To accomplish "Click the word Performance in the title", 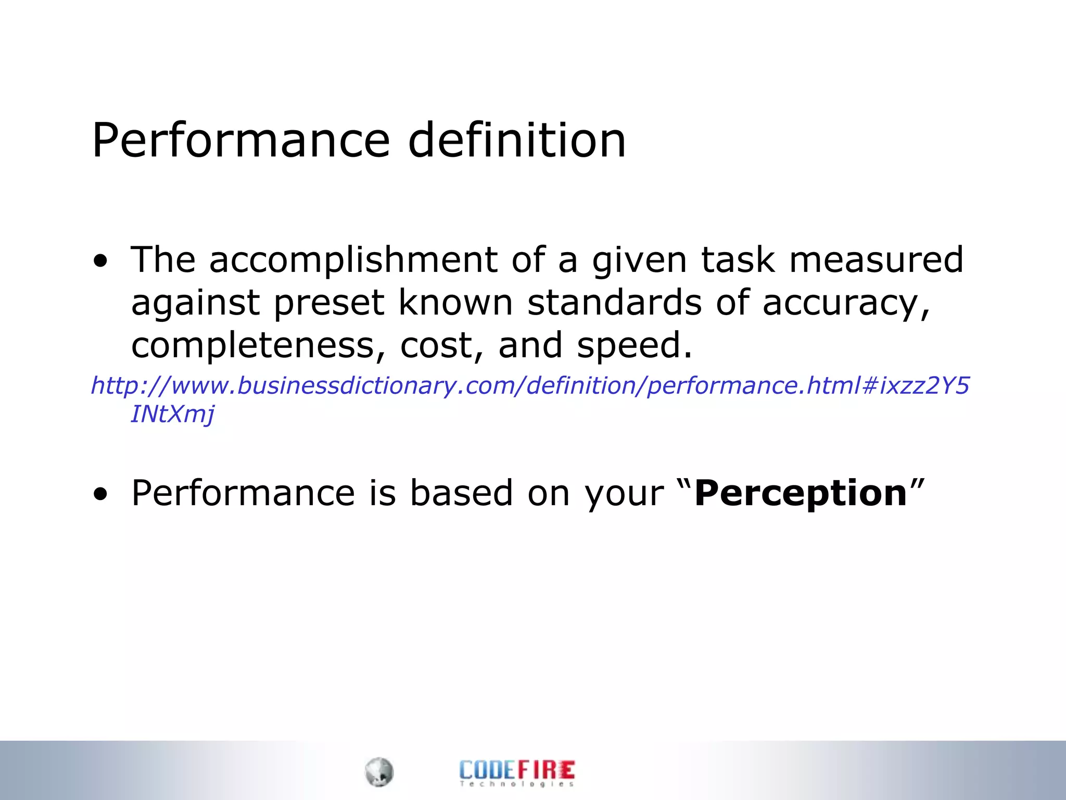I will [x=240, y=141].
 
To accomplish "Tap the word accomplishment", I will [x=353, y=260].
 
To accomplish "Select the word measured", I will [x=876, y=260].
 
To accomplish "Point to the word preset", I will [x=329, y=303].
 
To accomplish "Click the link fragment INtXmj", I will [x=172, y=415].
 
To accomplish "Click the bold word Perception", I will [x=801, y=493].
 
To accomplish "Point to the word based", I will [x=461, y=493].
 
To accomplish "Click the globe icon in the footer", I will [x=379, y=772].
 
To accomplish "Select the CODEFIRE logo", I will [x=517, y=773].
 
